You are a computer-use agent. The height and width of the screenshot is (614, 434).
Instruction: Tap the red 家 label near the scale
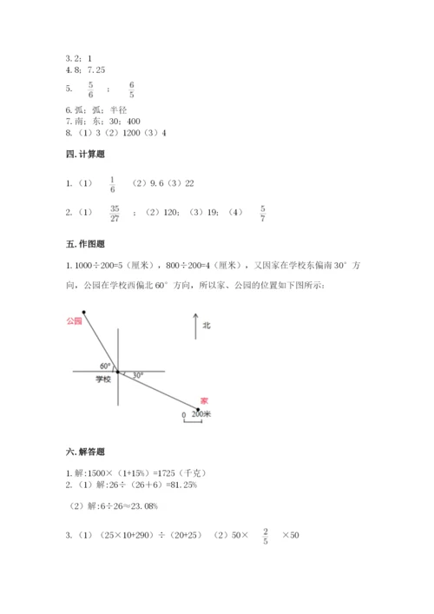[204, 400]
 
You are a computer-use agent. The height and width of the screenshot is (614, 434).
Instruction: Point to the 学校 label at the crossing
[103, 380]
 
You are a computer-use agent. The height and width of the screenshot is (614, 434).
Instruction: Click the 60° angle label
[106, 366]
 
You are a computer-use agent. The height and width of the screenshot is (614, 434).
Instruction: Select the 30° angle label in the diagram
[138, 375]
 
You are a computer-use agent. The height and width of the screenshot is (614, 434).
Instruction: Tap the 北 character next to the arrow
[207, 326]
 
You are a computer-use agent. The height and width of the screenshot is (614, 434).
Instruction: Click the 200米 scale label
[201, 415]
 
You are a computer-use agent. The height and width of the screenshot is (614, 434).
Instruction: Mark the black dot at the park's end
[83, 310]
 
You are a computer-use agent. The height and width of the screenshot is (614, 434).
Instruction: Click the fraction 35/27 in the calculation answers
[115, 214]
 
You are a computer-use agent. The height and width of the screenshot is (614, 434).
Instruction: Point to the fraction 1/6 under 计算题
[113, 185]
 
